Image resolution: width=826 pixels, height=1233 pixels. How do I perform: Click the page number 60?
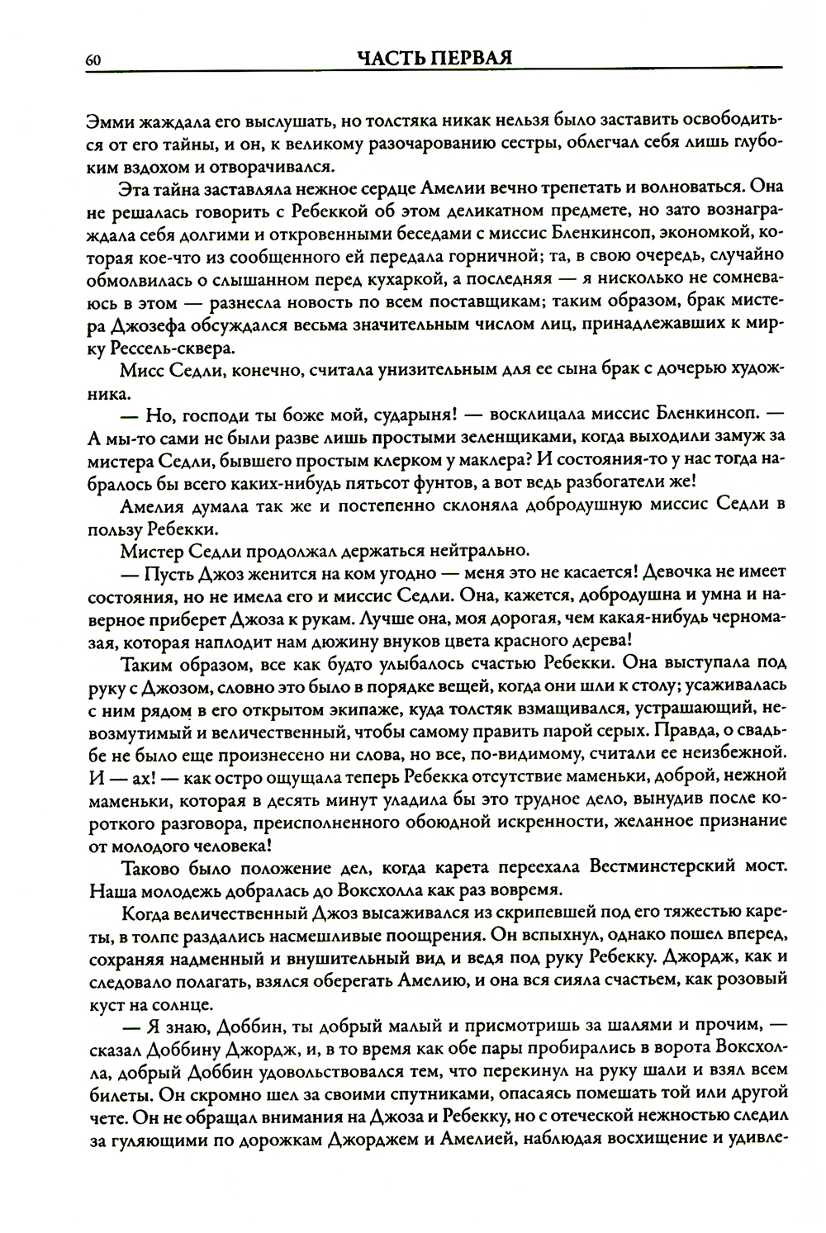(x=93, y=59)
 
